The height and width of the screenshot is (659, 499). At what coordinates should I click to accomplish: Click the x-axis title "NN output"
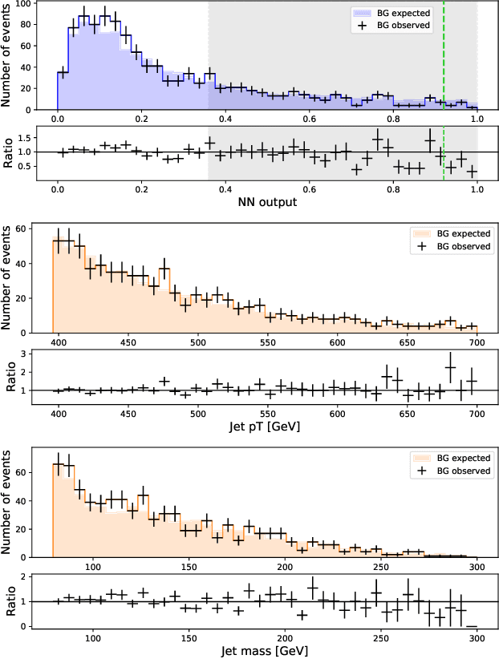(x=267, y=202)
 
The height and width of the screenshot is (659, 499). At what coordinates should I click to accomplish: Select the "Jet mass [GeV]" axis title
(x=267, y=649)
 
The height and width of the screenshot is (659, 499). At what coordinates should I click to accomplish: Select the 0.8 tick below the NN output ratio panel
(x=393, y=190)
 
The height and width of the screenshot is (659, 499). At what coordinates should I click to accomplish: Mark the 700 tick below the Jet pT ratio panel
(x=477, y=412)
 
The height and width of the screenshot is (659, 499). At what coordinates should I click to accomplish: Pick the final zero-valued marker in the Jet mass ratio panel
(x=472, y=626)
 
